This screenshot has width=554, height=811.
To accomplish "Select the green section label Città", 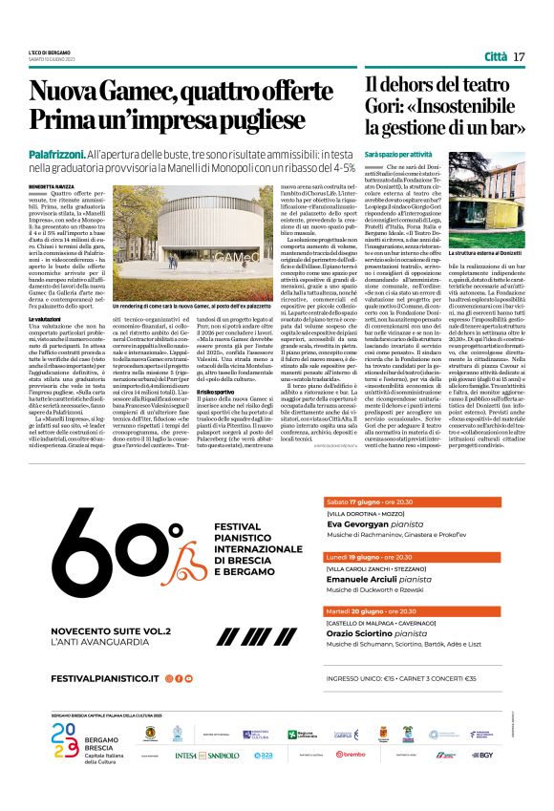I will point(495,56).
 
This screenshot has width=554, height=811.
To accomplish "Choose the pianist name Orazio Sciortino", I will point(366,661).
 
